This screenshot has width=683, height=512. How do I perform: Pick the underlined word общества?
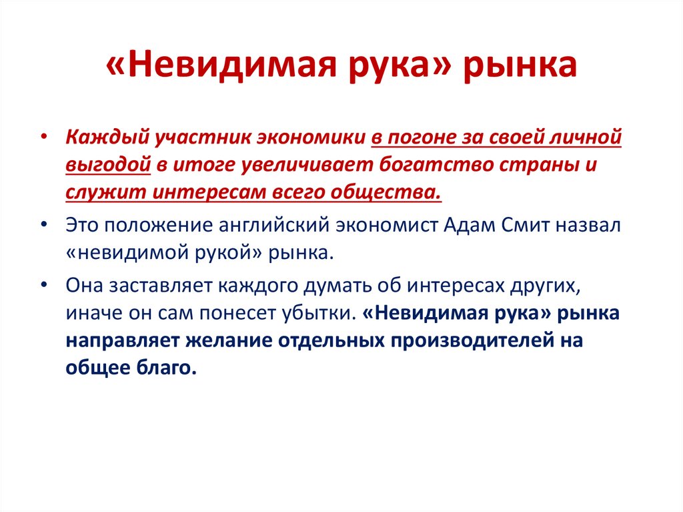(383, 193)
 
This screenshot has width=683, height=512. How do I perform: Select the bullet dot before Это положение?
(44, 225)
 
